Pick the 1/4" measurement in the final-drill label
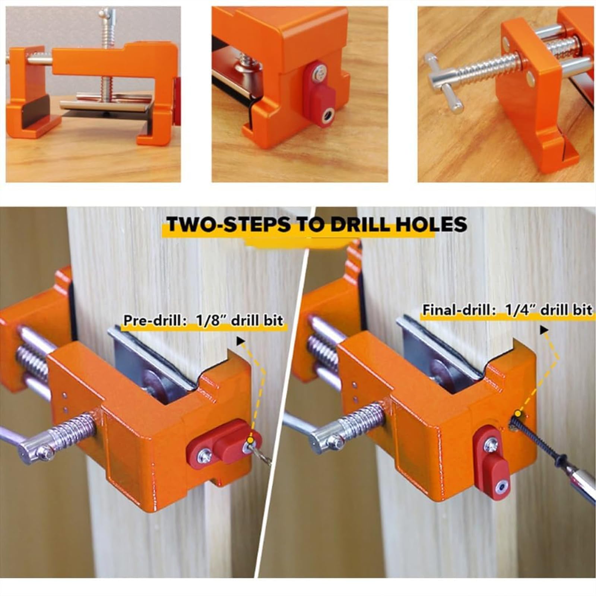[516, 310]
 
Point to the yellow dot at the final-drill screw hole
[517, 413]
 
